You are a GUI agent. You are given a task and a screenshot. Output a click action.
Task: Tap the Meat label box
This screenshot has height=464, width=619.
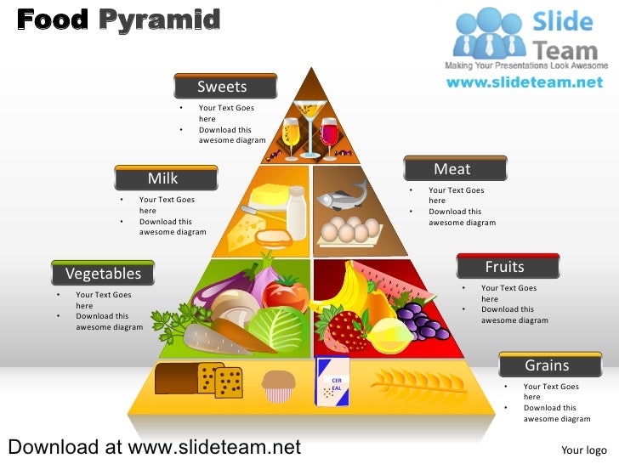(x=455, y=169)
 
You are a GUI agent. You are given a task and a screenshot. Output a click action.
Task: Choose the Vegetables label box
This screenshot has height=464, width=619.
(x=103, y=274)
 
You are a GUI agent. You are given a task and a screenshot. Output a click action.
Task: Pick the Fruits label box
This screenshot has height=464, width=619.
(x=507, y=267)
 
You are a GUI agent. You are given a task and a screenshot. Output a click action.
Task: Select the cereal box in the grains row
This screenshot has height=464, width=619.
(x=333, y=382)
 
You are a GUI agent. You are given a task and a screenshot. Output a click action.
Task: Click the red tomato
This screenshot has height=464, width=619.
(x=286, y=293)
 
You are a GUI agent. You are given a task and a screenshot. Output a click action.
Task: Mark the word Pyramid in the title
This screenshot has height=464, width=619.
(x=159, y=19)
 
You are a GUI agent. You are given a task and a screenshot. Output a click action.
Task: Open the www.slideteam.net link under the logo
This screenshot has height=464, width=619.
(x=525, y=82)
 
